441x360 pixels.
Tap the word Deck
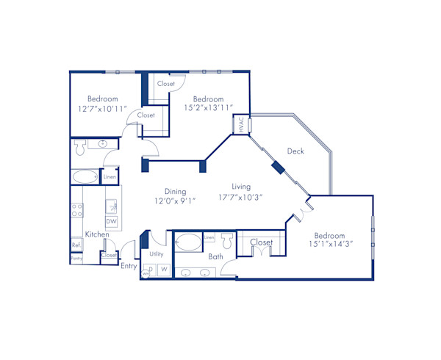[295, 151]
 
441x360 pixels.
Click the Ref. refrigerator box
[76, 245]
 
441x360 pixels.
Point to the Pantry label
[76, 259]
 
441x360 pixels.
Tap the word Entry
[129, 266]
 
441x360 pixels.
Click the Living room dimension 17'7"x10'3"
[240, 197]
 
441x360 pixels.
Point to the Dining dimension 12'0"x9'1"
[175, 201]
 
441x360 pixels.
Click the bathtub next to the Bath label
[188, 241]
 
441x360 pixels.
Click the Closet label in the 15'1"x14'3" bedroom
[261, 242]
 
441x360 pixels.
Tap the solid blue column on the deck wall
[278, 167]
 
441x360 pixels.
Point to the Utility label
[157, 253]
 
